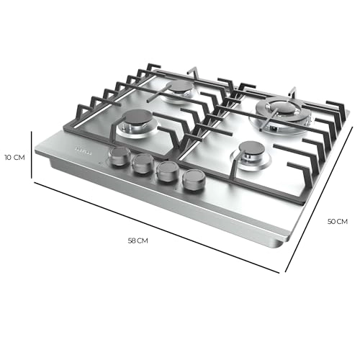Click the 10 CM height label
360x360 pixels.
pyautogui.click(x=14, y=156)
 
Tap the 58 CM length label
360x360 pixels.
pyautogui.click(x=138, y=240)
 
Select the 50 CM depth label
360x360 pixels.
pyautogui.click(x=338, y=222)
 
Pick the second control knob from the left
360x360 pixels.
pyautogui.click(x=142, y=163)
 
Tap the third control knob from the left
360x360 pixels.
pyautogui.click(x=167, y=171)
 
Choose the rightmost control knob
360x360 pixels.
pyautogui.click(x=193, y=180)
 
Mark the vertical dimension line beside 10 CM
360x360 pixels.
pyautogui.click(x=32, y=156)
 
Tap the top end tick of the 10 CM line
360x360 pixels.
pyautogui.click(x=32, y=132)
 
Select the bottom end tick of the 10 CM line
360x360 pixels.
pyautogui.click(x=32, y=181)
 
